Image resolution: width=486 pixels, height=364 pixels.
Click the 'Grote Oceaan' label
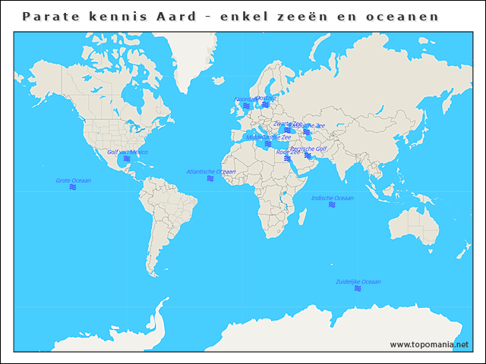tap(74, 180)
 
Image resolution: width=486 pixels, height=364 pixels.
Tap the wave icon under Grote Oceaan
tap(73, 187)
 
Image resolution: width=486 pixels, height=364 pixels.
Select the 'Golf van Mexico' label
tap(127, 152)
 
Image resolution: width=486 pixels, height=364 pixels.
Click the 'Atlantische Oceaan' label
tap(210, 171)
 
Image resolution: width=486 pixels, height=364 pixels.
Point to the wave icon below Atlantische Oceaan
tap(210, 179)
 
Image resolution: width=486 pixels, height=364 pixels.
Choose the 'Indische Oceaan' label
tap(332, 198)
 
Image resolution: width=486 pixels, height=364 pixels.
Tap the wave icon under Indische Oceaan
tap(332, 206)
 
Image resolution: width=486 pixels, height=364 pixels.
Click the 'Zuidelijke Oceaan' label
tap(358, 281)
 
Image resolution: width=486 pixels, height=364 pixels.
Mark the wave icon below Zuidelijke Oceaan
tap(358, 289)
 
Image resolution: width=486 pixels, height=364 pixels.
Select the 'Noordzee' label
tap(245, 99)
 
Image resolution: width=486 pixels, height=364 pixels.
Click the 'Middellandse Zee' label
tap(268, 137)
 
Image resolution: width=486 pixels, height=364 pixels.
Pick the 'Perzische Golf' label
tap(308, 149)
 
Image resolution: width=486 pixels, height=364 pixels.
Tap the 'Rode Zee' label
tap(288, 152)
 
